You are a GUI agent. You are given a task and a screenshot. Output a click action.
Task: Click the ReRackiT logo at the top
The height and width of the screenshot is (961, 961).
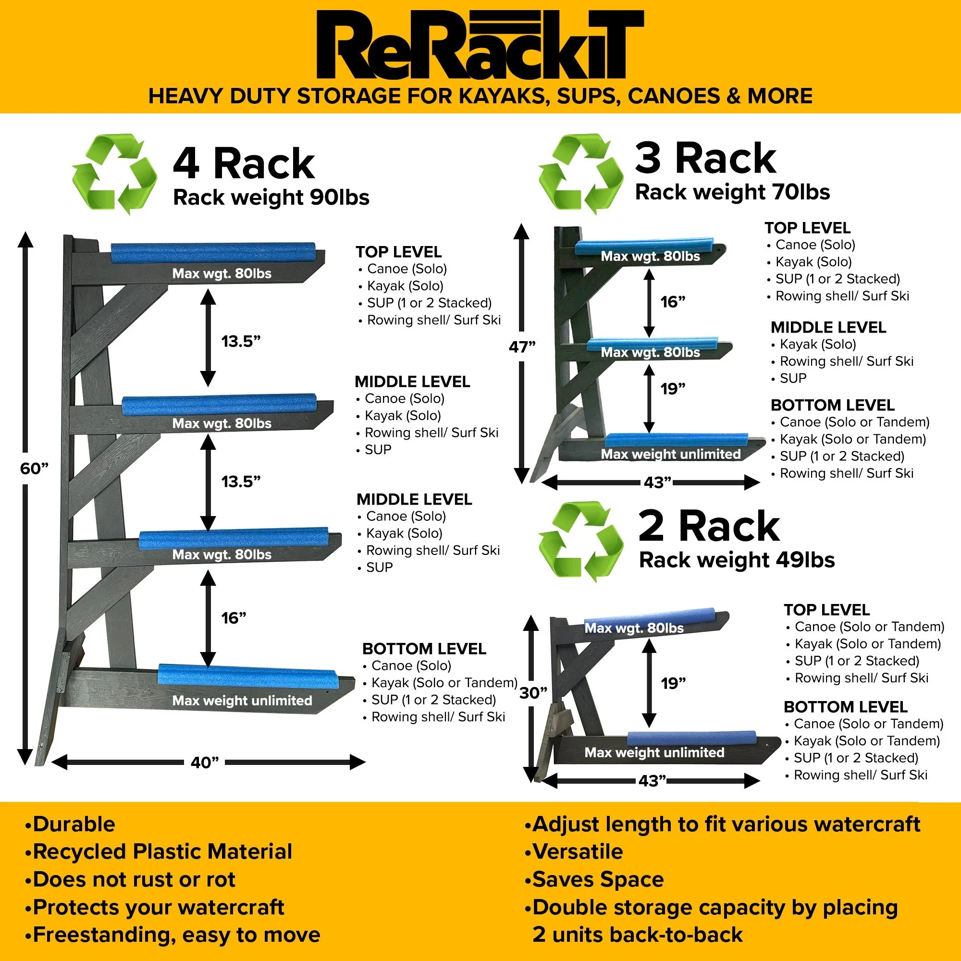pyautogui.click(x=480, y=45)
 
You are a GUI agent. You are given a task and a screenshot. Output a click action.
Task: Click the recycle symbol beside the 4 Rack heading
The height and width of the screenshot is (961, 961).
pyautogui.click(x=114, y=174)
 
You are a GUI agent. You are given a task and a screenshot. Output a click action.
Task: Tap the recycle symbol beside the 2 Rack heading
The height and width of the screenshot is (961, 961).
pyautogui.click(x=580, y=542)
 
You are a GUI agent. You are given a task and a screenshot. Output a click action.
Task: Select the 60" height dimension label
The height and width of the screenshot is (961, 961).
pyautogui.click(x=34, y=468)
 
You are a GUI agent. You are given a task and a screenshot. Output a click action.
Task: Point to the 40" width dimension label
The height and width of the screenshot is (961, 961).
pyautogui.click(x=204, y=763)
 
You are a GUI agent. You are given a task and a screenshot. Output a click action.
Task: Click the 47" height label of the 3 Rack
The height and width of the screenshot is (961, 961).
pyautogui.click(x=522, y=347)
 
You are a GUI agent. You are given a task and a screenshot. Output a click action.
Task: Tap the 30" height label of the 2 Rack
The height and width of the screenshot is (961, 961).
pyautogui.click(x=533, y=693)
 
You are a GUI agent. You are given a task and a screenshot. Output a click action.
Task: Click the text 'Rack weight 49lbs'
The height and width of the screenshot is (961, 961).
pyautogui.click(x=737, y=560)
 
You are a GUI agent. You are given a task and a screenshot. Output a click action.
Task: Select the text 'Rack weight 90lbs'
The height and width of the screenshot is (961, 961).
pyautogui.click(x=271, y=197)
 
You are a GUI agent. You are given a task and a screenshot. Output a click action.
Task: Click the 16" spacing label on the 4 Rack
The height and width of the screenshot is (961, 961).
pyautogui.click(x=234, y=618)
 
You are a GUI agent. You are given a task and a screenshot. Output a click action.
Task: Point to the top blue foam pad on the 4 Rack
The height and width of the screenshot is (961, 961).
pyautogui.click(x=213, y=252)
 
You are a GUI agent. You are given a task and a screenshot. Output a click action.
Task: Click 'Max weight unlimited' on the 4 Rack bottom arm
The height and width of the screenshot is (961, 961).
pyautogui.click(x=242, y=701)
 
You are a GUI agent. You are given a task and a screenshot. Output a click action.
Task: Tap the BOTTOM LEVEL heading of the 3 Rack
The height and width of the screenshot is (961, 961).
pyautogui.click(x=832, y=406)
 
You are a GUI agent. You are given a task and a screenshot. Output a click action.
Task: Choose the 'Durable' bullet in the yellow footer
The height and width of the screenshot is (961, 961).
pyautogui.click(x=74, y=824)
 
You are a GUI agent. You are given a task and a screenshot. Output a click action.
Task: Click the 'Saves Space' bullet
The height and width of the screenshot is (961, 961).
pyautogui.click(x=597, y=879)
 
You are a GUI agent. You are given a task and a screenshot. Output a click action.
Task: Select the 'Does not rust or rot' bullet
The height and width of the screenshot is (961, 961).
pyautogui.click(x=133, y=879)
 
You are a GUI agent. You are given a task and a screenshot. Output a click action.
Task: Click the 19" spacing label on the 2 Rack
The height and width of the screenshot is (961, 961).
pyautogui.click(x=673, y=683)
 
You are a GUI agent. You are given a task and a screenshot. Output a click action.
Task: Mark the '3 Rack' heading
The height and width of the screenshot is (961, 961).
pyautogui.click(x=705, y=159)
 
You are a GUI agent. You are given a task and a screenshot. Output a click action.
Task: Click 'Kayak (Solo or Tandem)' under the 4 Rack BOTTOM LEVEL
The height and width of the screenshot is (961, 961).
pyautogui.click(x=444, y=683)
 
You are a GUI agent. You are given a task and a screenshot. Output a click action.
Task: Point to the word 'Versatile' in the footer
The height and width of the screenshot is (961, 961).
pyautogui.click(x=577, y=851)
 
